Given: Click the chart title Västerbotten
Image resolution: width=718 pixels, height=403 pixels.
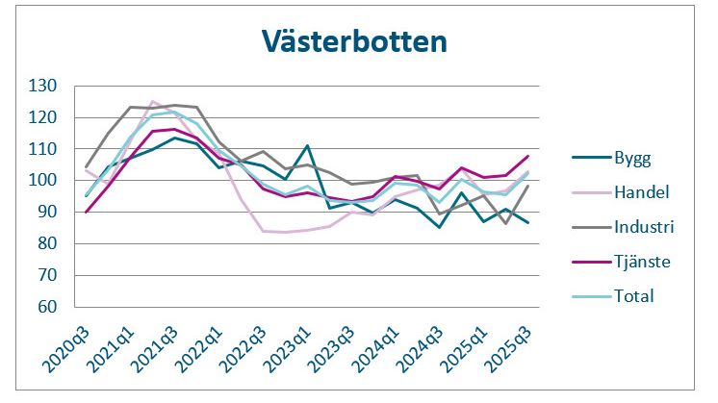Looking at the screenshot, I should pyautogui.click(x=354, y=42).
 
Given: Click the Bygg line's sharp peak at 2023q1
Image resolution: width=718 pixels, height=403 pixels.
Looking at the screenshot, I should pyautogui.click(x=306, y=146).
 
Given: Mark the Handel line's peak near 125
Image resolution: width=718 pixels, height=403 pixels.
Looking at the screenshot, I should pyautogui.click(x=152, y=101).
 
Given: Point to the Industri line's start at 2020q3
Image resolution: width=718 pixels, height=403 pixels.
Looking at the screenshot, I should pyautogui.click(x=87, y=167).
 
